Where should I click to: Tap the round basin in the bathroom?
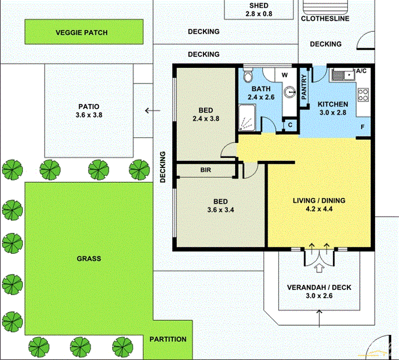tap(290, 92)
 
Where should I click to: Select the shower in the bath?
tap(248, 118)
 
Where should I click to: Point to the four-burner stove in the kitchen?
tap(363, 94)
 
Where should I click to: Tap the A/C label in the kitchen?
tap(361, 71)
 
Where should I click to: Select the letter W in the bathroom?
tap(285, 75)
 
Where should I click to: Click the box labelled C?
tap(290, 125)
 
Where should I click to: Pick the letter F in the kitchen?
tap(362, 127)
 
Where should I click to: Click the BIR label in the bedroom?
tap(205, 170)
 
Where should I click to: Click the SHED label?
tap(260, 5)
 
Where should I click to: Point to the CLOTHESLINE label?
tap(325, 19)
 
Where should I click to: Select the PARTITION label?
tap(169, 339)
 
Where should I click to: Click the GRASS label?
tap(89, 259)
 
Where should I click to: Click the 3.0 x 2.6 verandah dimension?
tap(320, 296)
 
